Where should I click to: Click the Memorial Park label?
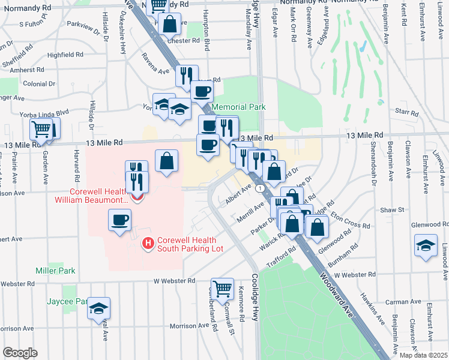[x=239, y=107]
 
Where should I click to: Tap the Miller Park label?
[x=55, y=271]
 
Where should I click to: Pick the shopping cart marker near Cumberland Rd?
[x=222, y=288]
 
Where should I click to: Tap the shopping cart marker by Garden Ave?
[x=41, y=129]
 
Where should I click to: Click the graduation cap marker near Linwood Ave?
[x=426, y=245]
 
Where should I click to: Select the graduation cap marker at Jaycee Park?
[x=98, y=308]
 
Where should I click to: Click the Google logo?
[x=20, y=352]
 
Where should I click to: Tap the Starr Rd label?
[x=406, y=112]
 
